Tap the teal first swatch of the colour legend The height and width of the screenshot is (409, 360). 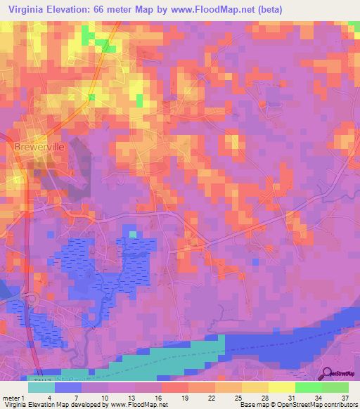coord(41,387)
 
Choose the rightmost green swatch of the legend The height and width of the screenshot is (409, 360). coord(335,387)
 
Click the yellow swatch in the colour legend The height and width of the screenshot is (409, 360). coord(282,387)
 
